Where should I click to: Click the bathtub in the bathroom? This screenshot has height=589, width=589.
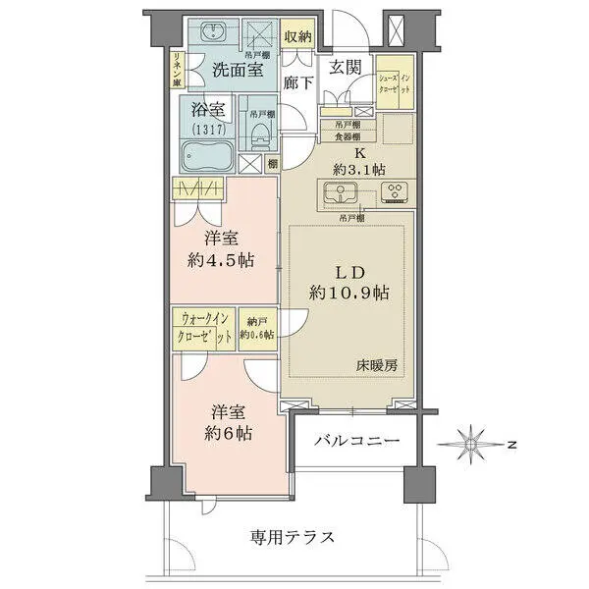pos(204,155)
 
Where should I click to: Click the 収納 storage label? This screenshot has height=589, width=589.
pos(297,37)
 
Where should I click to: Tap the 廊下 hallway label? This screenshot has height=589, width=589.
pos(297,83)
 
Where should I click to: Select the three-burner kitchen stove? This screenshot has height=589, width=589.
pos(395,191)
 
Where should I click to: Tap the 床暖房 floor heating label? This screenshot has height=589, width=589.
pos(376,364)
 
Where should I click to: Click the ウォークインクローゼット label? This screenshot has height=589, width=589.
pos(204,327)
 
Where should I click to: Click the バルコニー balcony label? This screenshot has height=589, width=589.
pos(356,442)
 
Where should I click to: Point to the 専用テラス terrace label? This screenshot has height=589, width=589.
pos(292,537)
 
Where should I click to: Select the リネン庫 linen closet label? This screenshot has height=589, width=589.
pos(176,70)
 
